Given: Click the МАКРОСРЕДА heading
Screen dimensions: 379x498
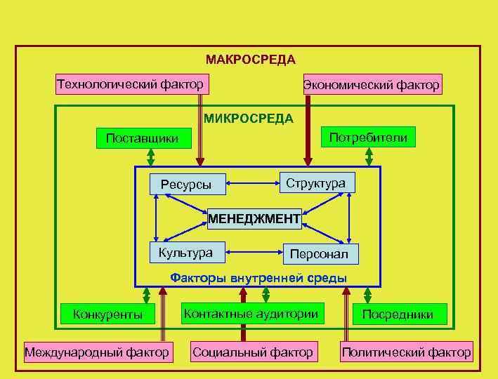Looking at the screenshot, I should pos(250,60).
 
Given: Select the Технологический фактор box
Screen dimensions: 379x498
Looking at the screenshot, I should pos(130,84).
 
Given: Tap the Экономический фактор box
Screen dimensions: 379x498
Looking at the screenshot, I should pos(372,85).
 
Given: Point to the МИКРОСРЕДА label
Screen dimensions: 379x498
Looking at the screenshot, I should pos(249,119).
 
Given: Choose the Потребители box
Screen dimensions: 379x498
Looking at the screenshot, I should pos(367,137).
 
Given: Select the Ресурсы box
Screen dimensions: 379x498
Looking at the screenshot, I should pos(186,185).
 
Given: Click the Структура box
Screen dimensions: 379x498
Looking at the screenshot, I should pos(316,182).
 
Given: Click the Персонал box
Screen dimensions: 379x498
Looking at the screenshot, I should pos(320,254).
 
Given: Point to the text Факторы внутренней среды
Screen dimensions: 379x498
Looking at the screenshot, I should pos(258,278).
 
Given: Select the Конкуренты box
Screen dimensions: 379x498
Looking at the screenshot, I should pos(107,314).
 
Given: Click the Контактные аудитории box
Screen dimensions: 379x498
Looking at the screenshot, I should pos(250,314).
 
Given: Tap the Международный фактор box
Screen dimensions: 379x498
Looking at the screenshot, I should pos(97,352).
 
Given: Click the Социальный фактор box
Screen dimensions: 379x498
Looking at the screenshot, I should pos(253,352).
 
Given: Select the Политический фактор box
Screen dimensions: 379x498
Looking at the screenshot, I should pos(406,352).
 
